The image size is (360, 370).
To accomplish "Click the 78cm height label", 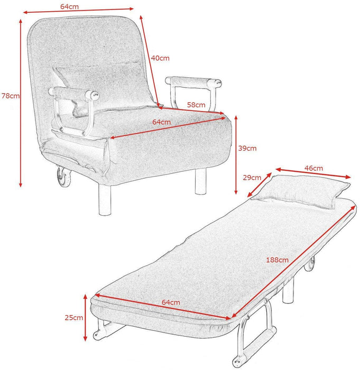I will pyautogui.click(x=10, y=96).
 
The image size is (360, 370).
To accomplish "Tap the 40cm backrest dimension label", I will pyautogui.click(x=160, y=58).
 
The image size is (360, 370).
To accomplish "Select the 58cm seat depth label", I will pyautogui.click(x=196, y=105).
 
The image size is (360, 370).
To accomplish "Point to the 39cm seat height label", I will pyautogui.click(x=247, y=149).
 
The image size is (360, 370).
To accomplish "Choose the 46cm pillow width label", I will pyautogui.click(x=313, y=168).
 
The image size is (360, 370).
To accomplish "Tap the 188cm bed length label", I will pyautogui.click(x=278, y=260).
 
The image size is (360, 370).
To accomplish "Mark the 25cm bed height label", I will pyautogui.click(x=75, y=318).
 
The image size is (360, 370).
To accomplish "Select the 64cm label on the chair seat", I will pyautogui.click(x=162, y=122).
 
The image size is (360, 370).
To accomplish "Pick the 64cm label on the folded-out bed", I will pyautogui.click(x=171, y=302).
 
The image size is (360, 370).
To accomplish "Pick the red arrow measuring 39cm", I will pyautogui.click(x=236, y=155).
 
